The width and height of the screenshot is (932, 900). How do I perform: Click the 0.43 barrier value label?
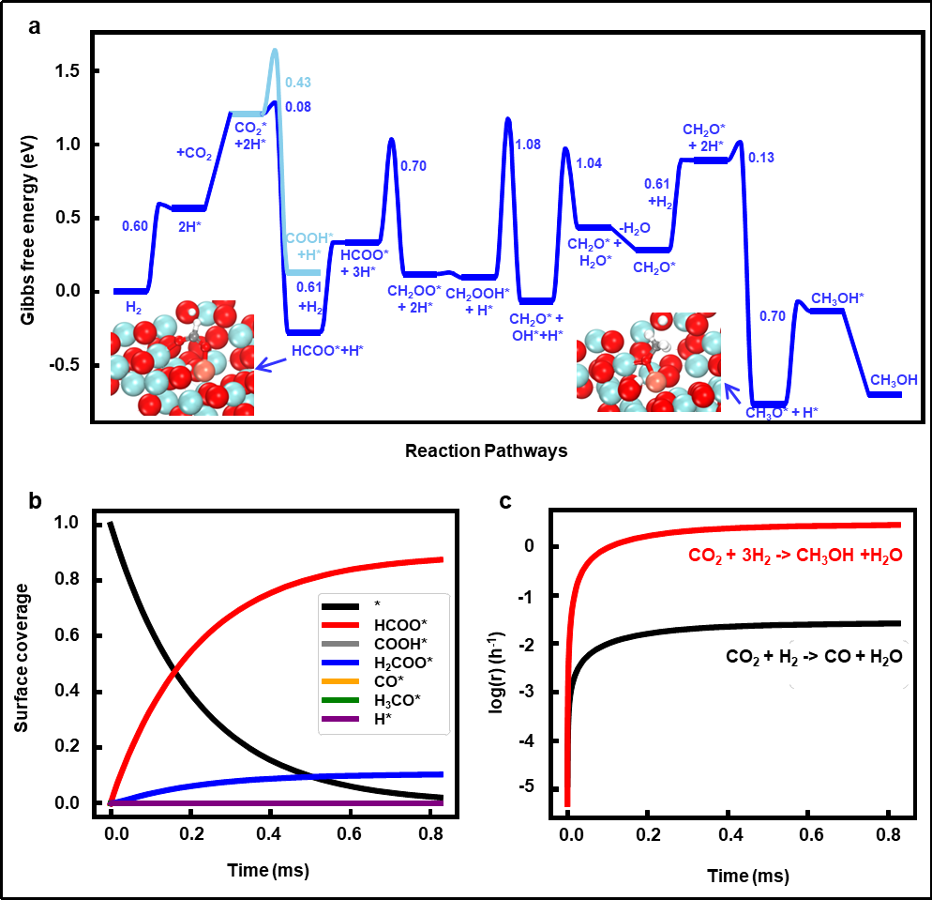coord(298,83)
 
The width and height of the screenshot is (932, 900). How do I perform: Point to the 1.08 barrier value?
coord(529,145)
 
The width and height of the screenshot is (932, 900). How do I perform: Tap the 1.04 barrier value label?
coord(589,163)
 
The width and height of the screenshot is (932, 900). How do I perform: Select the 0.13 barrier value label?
coord(761,158)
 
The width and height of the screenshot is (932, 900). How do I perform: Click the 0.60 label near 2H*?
coord(135,226)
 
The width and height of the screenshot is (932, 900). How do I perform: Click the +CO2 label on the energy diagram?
coord(195,153)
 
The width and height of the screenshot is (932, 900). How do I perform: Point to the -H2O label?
coord(634,228)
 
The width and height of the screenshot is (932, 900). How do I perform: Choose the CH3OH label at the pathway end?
coord(894,380)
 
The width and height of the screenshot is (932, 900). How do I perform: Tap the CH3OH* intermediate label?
coord(837,298)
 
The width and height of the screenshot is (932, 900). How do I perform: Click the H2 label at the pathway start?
coord(135,307)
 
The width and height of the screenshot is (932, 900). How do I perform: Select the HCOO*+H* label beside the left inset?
coord(326,351)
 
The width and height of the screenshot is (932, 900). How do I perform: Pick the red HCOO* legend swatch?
coord(339,625)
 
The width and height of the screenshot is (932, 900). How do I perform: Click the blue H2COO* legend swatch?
coord(339,663)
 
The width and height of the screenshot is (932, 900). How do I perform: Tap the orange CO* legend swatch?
coord(339,681)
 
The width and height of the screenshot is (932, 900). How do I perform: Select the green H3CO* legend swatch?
coord(339,700)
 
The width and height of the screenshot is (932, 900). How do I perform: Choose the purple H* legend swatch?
coord(339,719)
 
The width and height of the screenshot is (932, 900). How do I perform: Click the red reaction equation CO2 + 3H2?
coord(795,556)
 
